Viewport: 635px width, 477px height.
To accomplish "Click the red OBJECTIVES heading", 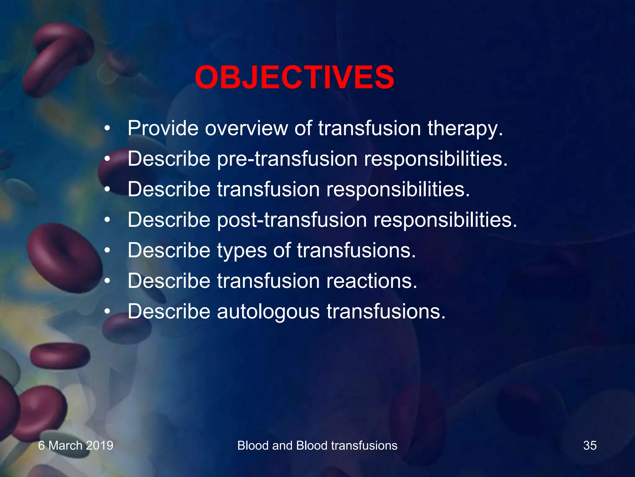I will [295, 78].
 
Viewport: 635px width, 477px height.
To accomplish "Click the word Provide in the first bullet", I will [163, 128].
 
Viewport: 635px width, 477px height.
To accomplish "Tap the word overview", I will [246, 128].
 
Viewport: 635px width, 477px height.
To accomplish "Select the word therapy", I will [465, 129].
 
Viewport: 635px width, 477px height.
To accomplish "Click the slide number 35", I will [590, 446].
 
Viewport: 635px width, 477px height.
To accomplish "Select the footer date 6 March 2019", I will [76, 446].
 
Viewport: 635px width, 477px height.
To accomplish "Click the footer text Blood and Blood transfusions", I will [317, 446].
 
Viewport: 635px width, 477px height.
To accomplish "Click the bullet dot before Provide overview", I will [107, 129].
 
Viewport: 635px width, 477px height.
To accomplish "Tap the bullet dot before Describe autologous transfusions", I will [107, 311].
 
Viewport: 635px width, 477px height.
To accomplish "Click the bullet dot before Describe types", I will [107, 250].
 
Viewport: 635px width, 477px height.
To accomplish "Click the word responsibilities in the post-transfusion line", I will [445, 220].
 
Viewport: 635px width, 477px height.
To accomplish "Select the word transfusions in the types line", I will [356, 250].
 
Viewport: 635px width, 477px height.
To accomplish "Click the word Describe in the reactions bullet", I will [169, 281].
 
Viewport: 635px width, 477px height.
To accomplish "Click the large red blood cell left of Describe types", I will [64, 258].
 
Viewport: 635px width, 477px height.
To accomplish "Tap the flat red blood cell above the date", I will [60, 356].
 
